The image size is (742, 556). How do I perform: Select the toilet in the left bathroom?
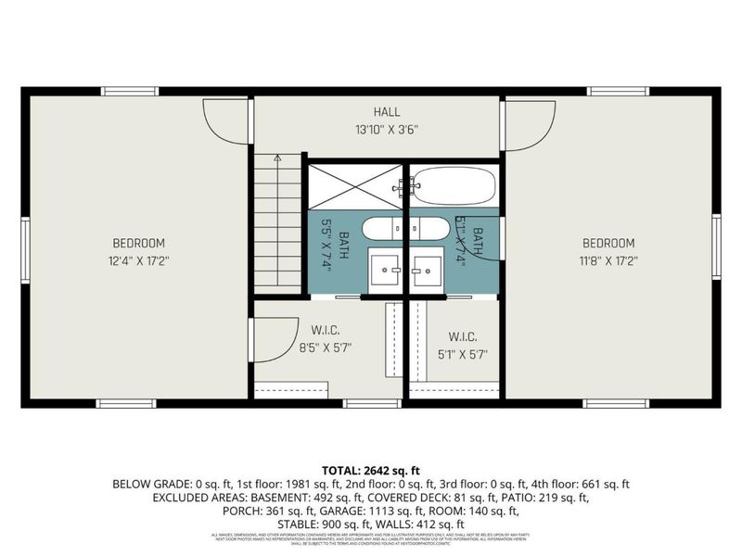click(380, 229)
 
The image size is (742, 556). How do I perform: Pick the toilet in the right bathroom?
click(430, 229)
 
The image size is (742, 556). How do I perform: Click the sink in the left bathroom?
click(383, 268)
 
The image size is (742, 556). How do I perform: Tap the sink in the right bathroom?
click(429, 268)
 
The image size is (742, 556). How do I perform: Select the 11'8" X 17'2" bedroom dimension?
click(607, 261)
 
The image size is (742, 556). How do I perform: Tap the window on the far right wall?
click(716, 246)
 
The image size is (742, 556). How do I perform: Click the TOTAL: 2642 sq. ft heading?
click(370, 470)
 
